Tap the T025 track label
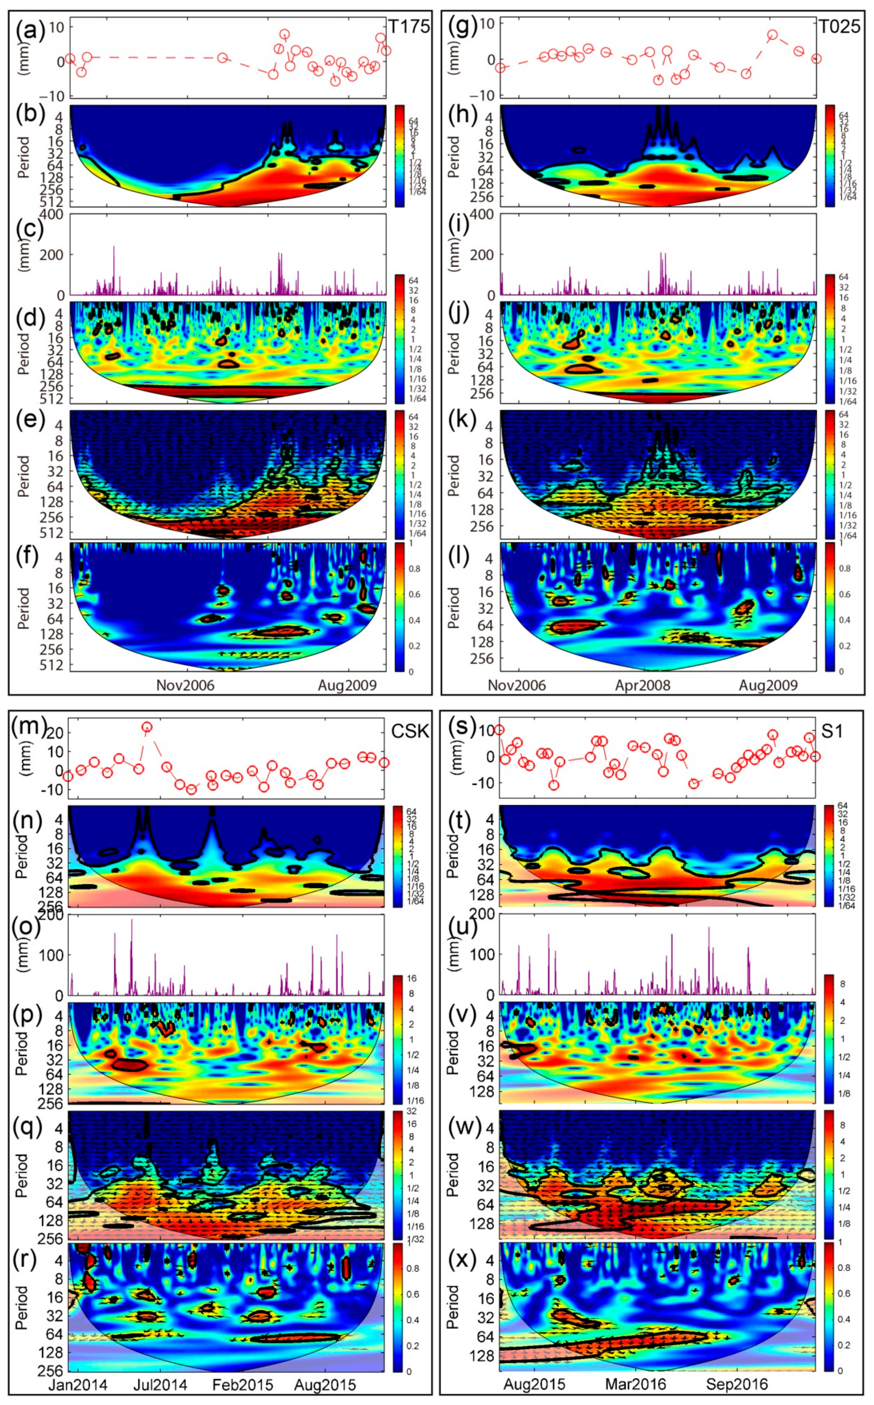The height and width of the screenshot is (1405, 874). click(x=840, y=27)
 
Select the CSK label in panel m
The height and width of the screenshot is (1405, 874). click(x=410, y=731)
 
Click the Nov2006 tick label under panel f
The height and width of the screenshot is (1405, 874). click(x=185, y=685)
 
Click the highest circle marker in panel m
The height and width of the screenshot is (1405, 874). click(x=147, y=727)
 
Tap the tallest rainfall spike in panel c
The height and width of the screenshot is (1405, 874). click(x=114, y=247)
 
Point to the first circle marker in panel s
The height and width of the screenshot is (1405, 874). click(x=499, y=730)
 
